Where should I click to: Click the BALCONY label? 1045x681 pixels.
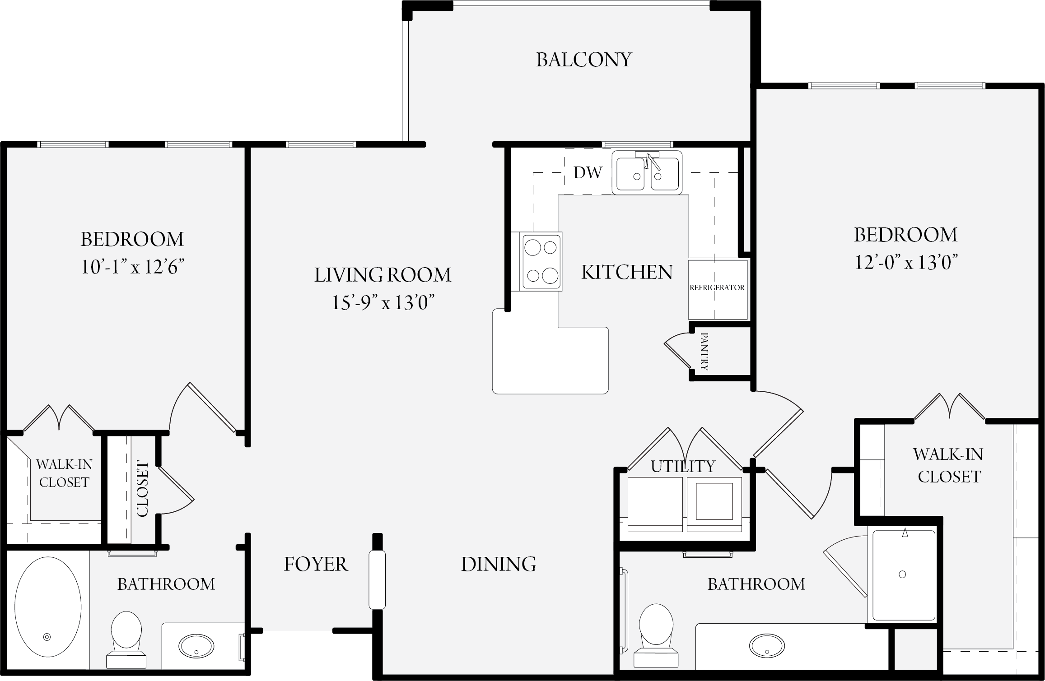[584, 60]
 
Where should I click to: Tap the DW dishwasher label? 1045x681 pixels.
[588, 172]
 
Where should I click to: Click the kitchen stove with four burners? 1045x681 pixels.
[541, 261]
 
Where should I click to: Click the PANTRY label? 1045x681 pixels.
[704, 352]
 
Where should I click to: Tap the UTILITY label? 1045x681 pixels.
[683, 466]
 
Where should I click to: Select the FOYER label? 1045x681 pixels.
[316, 564]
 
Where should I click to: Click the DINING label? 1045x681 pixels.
[499, 564]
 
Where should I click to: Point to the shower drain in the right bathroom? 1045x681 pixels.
[902, 574]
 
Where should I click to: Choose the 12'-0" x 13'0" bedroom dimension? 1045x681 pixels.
[906, 262]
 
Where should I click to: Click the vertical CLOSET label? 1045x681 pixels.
[143, 489]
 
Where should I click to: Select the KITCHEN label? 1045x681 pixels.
[627, 272]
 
